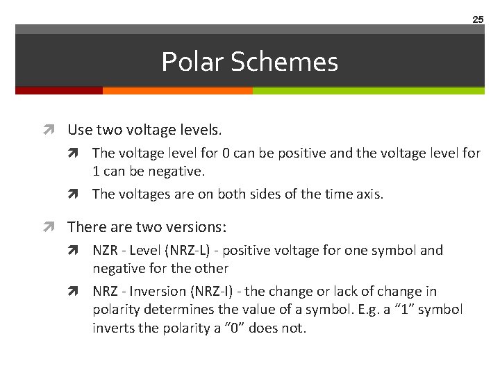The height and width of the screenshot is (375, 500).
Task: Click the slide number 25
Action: click(x=478, y=19)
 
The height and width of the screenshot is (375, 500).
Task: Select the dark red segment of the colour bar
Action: click(x=59, y=90)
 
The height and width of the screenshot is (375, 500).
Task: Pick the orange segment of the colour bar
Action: click(x=177, y=90)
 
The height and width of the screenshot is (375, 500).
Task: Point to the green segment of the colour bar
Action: click(x=368, y=90)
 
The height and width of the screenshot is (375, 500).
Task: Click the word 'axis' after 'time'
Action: click(x=367, y=194)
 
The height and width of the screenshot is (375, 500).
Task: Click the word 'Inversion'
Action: click(x=156, y=291)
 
